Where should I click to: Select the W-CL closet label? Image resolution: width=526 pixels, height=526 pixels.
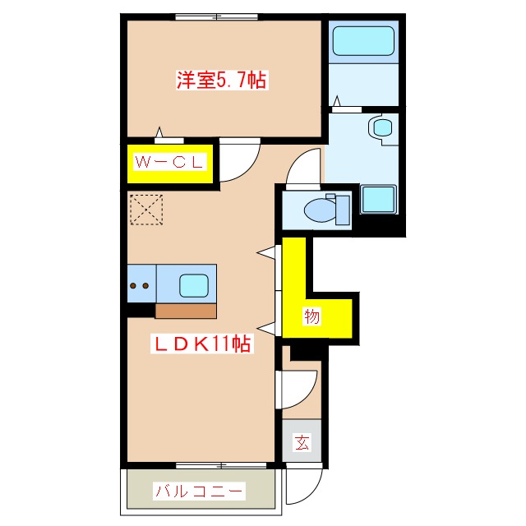pyautogui.click(x=169, y=163)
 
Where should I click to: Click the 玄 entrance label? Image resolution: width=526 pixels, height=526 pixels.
pyautogui.click(x=302, y=443)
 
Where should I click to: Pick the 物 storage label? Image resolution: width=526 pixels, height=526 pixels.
pyautogui.click(x=311, y=316)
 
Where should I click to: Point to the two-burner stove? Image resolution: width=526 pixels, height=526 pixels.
pyautogui.click(x=140, y=286)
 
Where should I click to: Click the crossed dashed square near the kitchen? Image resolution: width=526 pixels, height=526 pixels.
pyautogui.click(x=148, y=209)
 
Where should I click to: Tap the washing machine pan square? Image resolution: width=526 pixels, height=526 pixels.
pyautogui.click(x=377, y=200)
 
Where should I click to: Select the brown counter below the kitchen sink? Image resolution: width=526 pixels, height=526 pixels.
pyautogui.click(x=186, y=311)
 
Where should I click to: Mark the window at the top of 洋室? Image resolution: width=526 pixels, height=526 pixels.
pyautogui.click(x=217, y=17)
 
